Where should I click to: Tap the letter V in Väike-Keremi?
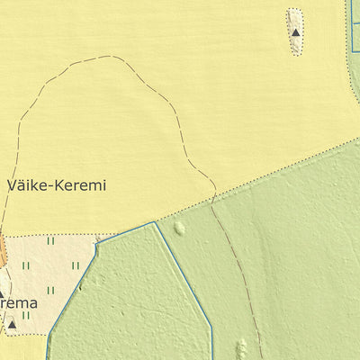pos(12,186)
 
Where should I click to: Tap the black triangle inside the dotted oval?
pos(295,33)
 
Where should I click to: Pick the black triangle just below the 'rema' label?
pos(12,325)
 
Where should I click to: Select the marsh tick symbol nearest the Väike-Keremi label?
pos(50,241)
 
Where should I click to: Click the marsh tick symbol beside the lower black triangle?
pos(26,315)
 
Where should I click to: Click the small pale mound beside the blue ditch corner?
pos(179,229)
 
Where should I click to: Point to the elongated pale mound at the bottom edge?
pos(240,348)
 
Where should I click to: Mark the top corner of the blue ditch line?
pos(154,222)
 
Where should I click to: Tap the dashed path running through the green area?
pos(236,270)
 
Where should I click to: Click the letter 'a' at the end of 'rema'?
pos(33,303)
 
